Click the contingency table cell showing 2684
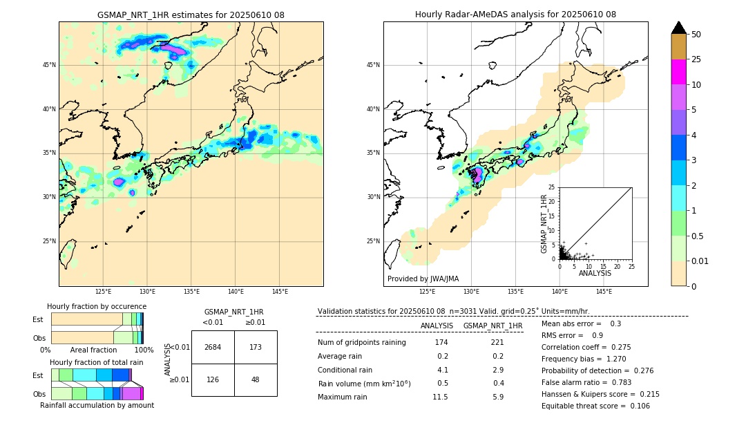213,347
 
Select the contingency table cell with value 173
256,347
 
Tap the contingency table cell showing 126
213,379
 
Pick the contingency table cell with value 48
256,379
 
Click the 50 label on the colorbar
696,35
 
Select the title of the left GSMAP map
191,15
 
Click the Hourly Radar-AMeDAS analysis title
515,15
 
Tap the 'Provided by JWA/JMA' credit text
423,279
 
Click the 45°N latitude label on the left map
49,65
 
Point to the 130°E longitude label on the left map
147,292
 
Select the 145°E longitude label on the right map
604,292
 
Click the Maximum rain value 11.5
440,397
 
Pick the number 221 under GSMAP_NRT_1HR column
497,342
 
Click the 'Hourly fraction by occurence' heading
97,306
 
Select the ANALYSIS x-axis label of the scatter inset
595,273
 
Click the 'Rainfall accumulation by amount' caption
97,405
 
